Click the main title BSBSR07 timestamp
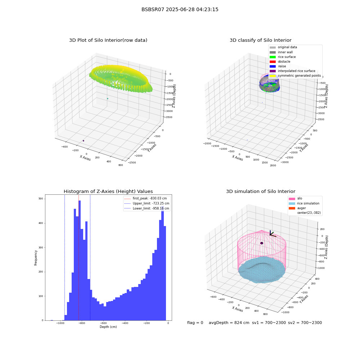[x=180, y=9]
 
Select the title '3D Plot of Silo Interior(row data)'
[x=108, y=40]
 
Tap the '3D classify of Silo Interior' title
[x=261, y=40]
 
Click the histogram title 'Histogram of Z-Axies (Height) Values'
[x=108, y=191]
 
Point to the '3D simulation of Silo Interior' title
[x=261, y=191]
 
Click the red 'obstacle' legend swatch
[x=273, y=62]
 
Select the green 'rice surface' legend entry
[x=283, y=57]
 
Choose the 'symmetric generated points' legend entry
[x=295, y=76]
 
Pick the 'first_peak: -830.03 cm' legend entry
[x=145, y=198]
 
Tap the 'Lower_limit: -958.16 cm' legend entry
[x=147, y=208]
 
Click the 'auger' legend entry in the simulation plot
[x=297, y=208]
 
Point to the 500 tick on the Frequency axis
[x=41, y=199]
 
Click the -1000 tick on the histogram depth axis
[x=60, y=323]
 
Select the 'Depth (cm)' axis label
[x=108, y=327]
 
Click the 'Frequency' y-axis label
[x=36, y=258]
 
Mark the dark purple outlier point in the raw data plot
[x=84, y=141]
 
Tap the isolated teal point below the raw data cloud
[x=107, y=99]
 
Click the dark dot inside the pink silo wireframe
[x=262, y=243]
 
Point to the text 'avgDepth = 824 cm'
[x=229, y=323]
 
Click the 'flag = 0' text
[x=195, y=323]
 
